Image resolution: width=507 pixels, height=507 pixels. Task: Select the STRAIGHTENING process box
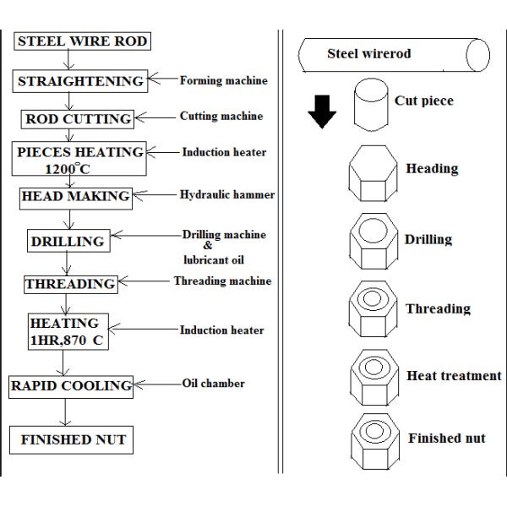click(81, 82)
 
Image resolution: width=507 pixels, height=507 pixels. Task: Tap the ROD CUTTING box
click(79, 119)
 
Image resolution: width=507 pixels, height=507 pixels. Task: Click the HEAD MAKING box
click(76, 196)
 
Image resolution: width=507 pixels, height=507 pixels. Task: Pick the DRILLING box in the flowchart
click(68, 241)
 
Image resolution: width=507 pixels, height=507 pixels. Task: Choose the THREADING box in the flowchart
click(70, 284)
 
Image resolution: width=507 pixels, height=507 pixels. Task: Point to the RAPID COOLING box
click(71, 386)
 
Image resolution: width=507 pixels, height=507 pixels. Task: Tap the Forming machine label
click(223, 81)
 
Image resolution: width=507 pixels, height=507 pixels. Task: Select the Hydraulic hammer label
click(226, 195)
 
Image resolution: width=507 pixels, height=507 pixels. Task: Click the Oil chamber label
click(213, 384)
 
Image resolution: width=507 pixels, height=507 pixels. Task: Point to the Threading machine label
click(222, 281)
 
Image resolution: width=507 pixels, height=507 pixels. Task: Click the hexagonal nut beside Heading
click(373, 175)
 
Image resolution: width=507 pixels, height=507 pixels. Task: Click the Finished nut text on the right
click(446, 439)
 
